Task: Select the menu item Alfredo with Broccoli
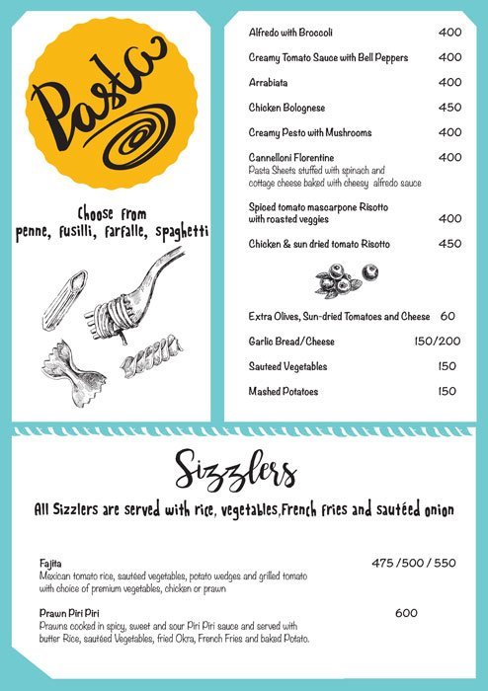296,33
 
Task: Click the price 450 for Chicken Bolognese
449,108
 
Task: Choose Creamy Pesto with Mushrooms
310,132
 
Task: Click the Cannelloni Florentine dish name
291,158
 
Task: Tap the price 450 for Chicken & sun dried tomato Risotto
449,244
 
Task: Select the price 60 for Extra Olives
447,317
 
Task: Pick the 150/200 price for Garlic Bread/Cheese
435,342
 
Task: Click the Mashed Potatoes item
284,392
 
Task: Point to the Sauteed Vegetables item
287,366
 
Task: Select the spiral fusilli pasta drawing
152,358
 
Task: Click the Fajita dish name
50,563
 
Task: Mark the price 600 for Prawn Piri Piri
406,613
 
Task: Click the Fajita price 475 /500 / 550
414,564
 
